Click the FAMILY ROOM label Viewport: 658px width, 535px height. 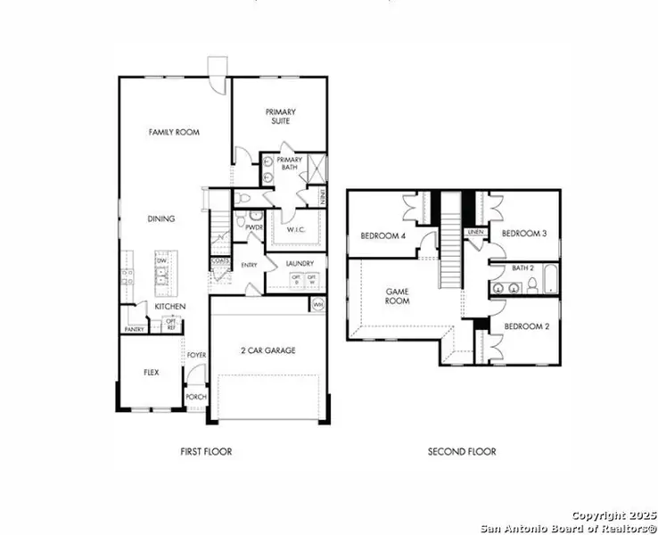point(173,132)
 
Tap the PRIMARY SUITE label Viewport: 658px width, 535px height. point(279,117)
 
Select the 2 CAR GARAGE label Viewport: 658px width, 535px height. point(268,350)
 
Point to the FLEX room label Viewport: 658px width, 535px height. point(151,373)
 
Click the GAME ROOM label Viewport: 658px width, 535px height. point(397,296)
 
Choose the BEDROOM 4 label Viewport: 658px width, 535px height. point(382,236)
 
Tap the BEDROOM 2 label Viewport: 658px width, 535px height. point(525,327)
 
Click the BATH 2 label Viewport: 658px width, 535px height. point(522,268)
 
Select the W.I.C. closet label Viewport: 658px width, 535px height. point(297,230)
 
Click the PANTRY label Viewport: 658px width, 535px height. point(134,329)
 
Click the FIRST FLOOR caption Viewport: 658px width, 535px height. point(205,452)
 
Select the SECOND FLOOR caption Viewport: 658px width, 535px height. point(461,452)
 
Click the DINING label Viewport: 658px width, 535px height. point(160,218)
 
